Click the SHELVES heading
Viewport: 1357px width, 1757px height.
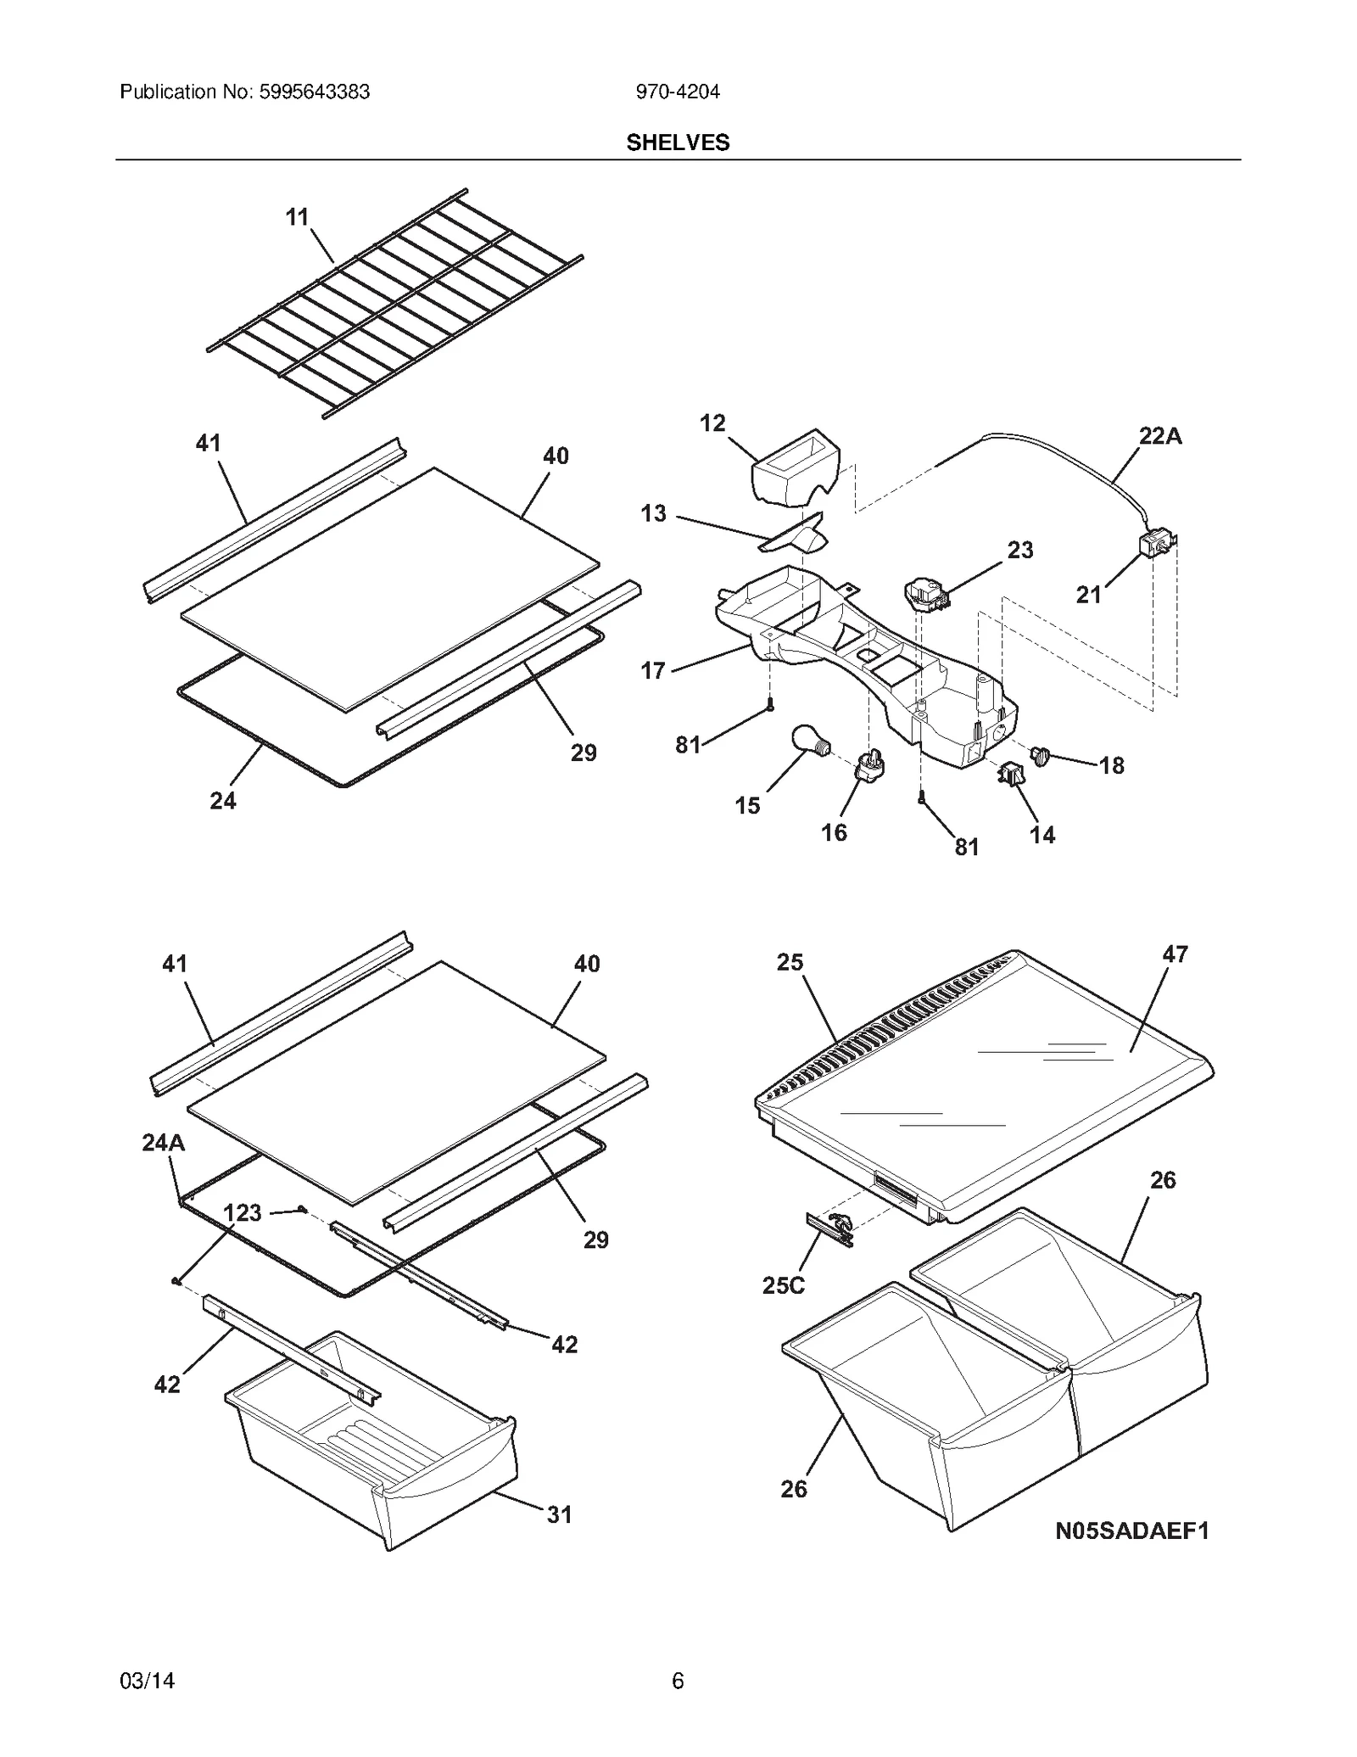coord(678,143)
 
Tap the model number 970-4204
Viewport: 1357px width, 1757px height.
coord(678,92)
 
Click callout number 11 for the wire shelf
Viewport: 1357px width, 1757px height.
coord(297,218)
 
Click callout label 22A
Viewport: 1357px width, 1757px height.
coord(1159,436)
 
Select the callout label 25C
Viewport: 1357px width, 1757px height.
coord(783,1285)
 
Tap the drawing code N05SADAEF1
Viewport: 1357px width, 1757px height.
coord(1131,1530)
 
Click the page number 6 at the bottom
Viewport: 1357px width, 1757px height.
coord(678,1680)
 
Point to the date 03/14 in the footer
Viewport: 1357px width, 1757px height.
coord(148,1680)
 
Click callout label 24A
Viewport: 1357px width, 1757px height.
coord(163,1143)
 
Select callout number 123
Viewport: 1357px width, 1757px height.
coord(243,1212)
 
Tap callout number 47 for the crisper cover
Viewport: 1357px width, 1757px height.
coord(1175,954)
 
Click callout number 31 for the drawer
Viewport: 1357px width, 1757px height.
coord(559,1514)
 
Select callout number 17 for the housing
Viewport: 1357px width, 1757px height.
coord(652,671)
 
